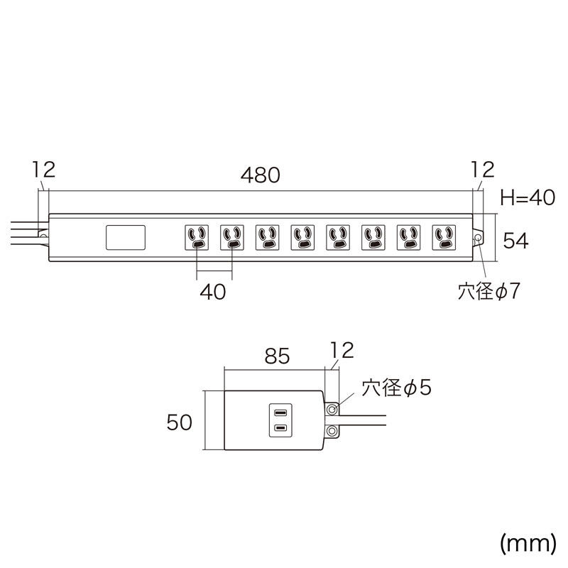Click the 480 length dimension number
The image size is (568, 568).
tap(260, 175)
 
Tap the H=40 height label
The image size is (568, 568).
tap(528, 198)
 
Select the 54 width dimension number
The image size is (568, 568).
tap(516, 240)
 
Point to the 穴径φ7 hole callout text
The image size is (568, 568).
tap(488, 291)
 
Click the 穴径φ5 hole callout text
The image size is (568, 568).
tap(396, 388)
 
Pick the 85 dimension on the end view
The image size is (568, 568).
tap(277, 356)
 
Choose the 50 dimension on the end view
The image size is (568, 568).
tap(180, 422)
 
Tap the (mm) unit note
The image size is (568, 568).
tap(528, 543)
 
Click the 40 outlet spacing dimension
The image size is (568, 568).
tap(213, 292)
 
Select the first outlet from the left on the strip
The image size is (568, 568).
tap(197, 238)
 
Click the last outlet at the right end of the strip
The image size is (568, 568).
tap(444, 238)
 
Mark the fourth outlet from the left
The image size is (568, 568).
tap(302, 238)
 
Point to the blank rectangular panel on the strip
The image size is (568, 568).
tap(126, 238)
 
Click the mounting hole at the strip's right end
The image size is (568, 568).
tap(478, 238)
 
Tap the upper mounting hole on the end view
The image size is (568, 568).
tap(332, 410)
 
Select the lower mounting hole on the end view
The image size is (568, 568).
tap(332, 431)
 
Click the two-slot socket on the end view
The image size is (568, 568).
tap(280, 420)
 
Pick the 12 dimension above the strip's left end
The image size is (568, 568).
tap(44, 170)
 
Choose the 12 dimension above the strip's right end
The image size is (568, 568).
tap(483, 170)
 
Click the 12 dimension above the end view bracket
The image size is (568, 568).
tap(342, 350)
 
